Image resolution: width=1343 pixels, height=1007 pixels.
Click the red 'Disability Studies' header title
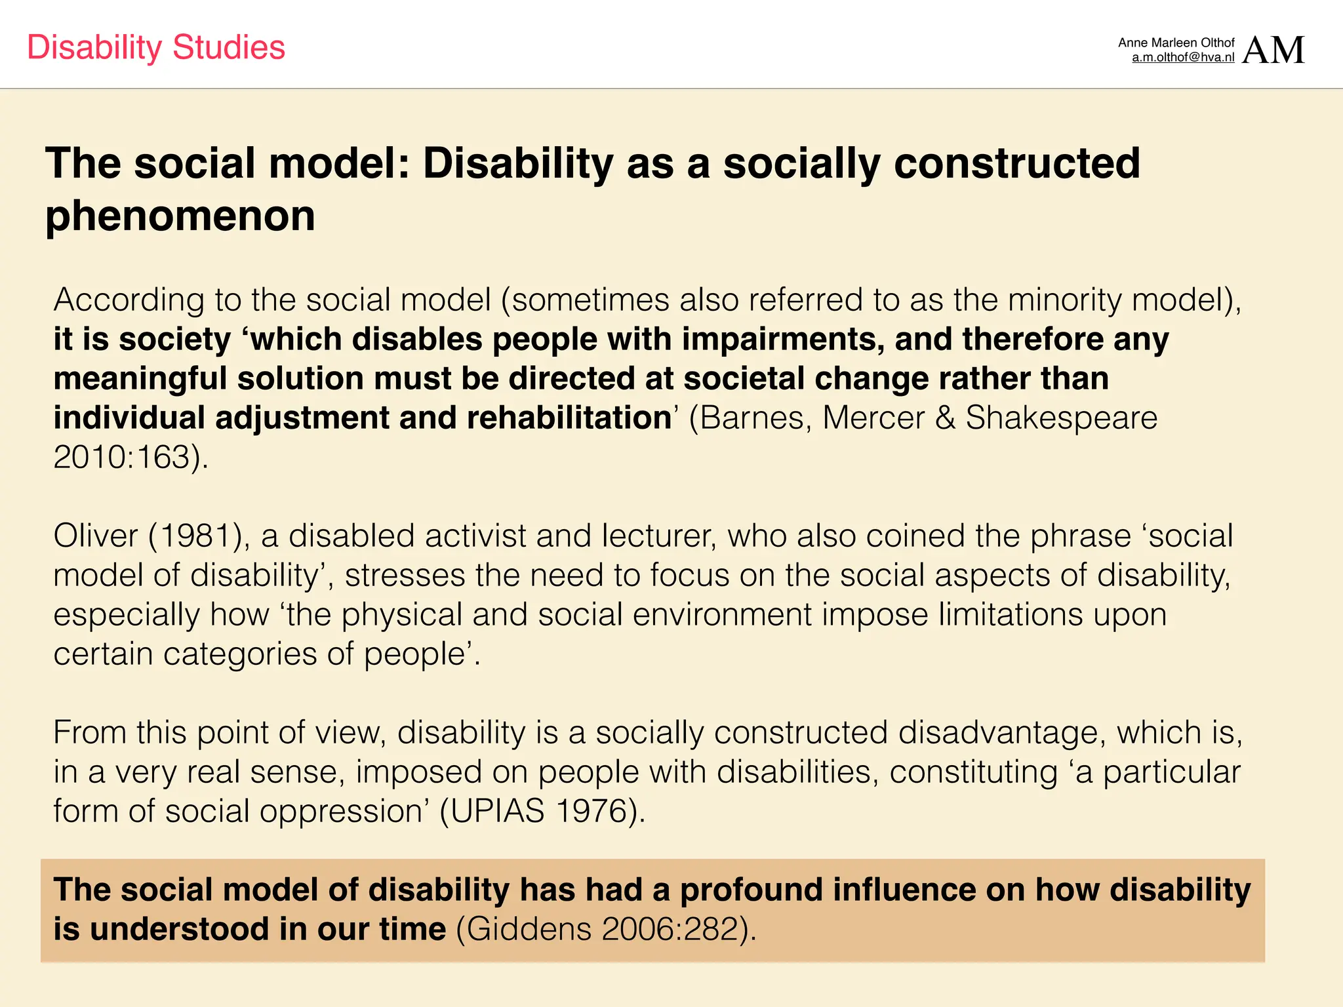[156, 48]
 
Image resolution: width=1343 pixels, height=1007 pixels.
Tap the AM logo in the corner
[1273, 50]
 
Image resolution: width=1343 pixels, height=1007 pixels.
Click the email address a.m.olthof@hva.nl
[1183, 58]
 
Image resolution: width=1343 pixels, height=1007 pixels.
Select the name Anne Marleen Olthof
[1176, 43]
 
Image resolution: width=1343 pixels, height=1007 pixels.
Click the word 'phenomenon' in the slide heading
[180, 216]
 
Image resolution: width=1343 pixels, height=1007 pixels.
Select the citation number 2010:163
[122, 458]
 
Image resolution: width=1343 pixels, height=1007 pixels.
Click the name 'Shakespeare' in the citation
[1061, 418]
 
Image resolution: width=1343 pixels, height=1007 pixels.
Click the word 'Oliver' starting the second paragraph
[96, 536]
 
